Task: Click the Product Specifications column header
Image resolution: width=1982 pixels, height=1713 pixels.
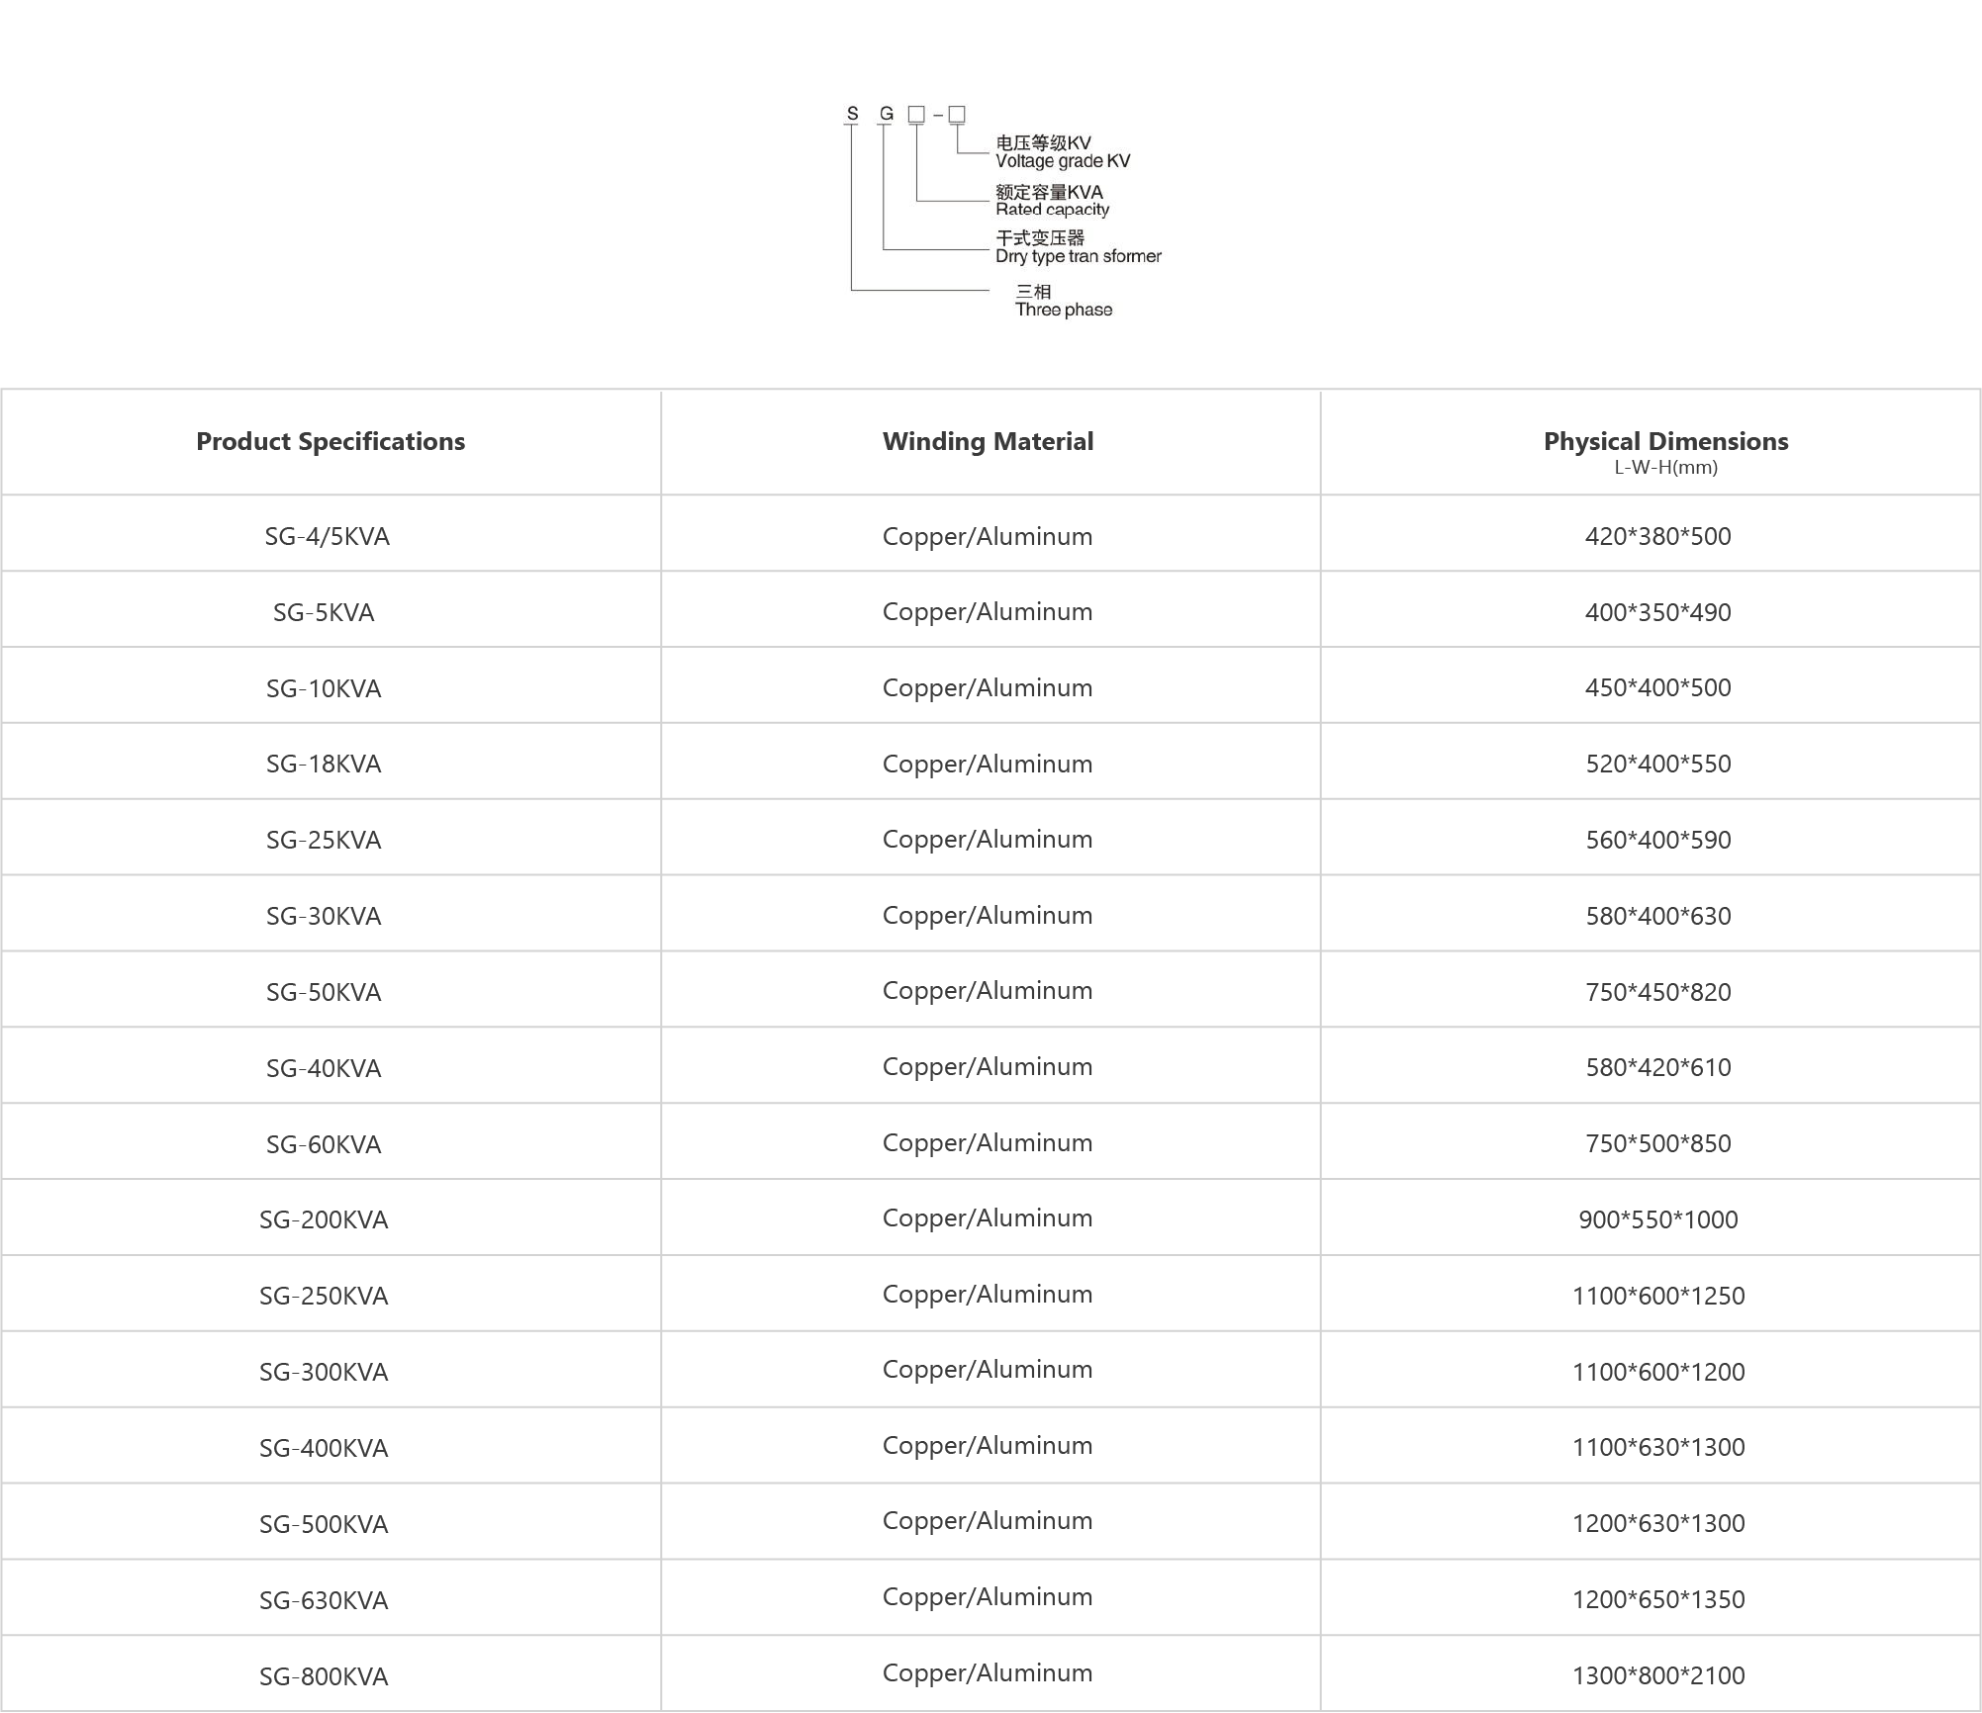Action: tap(330, 441)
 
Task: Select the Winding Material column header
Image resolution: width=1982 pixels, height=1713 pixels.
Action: tap(988, 441)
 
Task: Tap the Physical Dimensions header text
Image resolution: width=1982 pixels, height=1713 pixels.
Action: tap(1665, 441)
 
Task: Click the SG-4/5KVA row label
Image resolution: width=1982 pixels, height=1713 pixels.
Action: tap(327, 536)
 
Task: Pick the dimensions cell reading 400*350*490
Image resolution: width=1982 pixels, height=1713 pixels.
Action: tap(1657, 612)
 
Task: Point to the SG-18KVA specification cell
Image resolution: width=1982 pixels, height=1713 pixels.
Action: tap(324, 764)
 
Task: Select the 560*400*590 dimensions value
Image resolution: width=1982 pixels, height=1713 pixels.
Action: tap(1657, 840)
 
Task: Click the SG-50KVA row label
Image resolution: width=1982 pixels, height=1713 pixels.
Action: tap(324, 992)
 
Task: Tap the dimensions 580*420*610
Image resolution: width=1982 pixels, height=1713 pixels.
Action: tap(1657, 1067)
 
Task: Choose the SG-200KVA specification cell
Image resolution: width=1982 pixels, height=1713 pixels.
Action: tap(324, 1219)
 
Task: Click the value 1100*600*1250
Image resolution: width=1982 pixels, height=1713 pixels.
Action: tap(1657, 1296)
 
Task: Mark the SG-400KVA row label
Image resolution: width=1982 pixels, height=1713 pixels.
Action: tap(324, 1448)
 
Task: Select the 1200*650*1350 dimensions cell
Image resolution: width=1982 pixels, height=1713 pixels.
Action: tap(1657, 1599)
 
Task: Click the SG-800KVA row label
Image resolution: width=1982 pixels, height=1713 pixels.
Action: tap(324, 1676)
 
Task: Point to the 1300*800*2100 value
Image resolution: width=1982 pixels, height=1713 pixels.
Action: tap(1657, 1675)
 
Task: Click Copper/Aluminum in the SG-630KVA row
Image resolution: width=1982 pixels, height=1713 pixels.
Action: tap(988, 1597)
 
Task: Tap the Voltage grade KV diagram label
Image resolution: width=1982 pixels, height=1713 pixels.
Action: tap(1062, 161)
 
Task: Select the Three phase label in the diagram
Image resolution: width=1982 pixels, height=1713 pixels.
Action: tap(1063, 310)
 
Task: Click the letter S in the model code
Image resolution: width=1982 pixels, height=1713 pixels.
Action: tap(852, 114)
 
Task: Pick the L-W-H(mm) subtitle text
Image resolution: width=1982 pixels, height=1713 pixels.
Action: tap(1665, 468)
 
